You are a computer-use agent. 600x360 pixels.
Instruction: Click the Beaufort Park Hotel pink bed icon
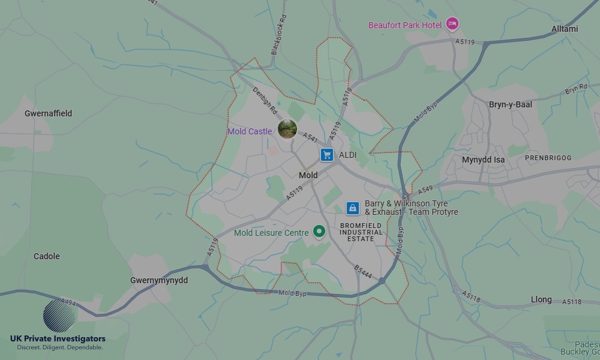[452, 24]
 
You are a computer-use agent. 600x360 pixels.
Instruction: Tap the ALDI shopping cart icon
[326, 155]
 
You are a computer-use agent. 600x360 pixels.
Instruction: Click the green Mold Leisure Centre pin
[319, 232]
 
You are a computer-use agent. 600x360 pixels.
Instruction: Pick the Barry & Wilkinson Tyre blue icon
[353, 208]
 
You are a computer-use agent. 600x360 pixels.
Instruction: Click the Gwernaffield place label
[48, 113]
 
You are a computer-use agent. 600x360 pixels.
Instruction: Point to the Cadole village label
[47, 256]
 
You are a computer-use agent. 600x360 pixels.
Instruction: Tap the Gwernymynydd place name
[159, 280]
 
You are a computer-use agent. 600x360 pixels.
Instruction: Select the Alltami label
[565, 29]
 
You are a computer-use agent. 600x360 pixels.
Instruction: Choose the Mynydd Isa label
[483, 160]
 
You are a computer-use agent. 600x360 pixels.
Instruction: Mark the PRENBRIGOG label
[548, 158]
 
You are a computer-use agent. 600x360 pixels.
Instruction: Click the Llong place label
[541, 299]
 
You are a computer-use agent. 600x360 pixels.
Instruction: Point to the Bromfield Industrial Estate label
[361, 232]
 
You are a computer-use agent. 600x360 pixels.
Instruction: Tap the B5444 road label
[363, 273]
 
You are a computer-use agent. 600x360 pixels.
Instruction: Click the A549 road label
[425, 190]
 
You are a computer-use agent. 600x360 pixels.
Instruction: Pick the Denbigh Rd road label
[264, 101]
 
